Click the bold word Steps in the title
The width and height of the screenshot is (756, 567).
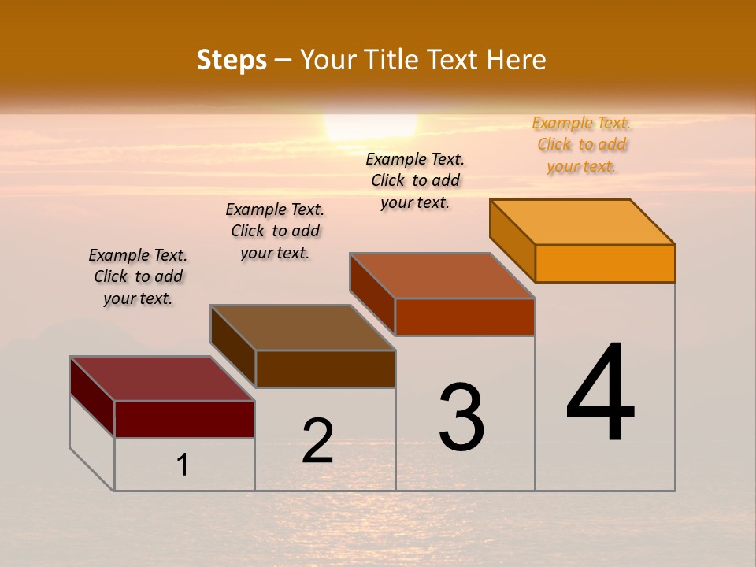click(232, 60)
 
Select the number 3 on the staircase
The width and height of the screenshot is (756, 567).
click(461, 417)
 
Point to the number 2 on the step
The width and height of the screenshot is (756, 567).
click(318, 441)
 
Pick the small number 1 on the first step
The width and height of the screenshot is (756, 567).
click(183, 465)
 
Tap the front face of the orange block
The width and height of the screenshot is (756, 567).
click(605, 263)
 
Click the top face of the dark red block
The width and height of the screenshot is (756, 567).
click(161, 379)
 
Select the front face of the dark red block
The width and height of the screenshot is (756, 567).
click(184, 419)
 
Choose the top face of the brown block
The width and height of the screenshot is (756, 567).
click(302, 328)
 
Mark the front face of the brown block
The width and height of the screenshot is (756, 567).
click(324, 369)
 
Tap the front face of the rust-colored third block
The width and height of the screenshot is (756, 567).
click(465, 317)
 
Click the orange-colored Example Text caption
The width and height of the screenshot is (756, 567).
click(581, 145)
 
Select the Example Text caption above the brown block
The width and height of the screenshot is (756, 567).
click(275, 231)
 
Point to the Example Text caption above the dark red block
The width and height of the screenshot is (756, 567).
click(138, 276)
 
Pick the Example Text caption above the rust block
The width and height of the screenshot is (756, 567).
click(415, 180)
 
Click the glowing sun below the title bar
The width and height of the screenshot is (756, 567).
click(370, 126)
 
